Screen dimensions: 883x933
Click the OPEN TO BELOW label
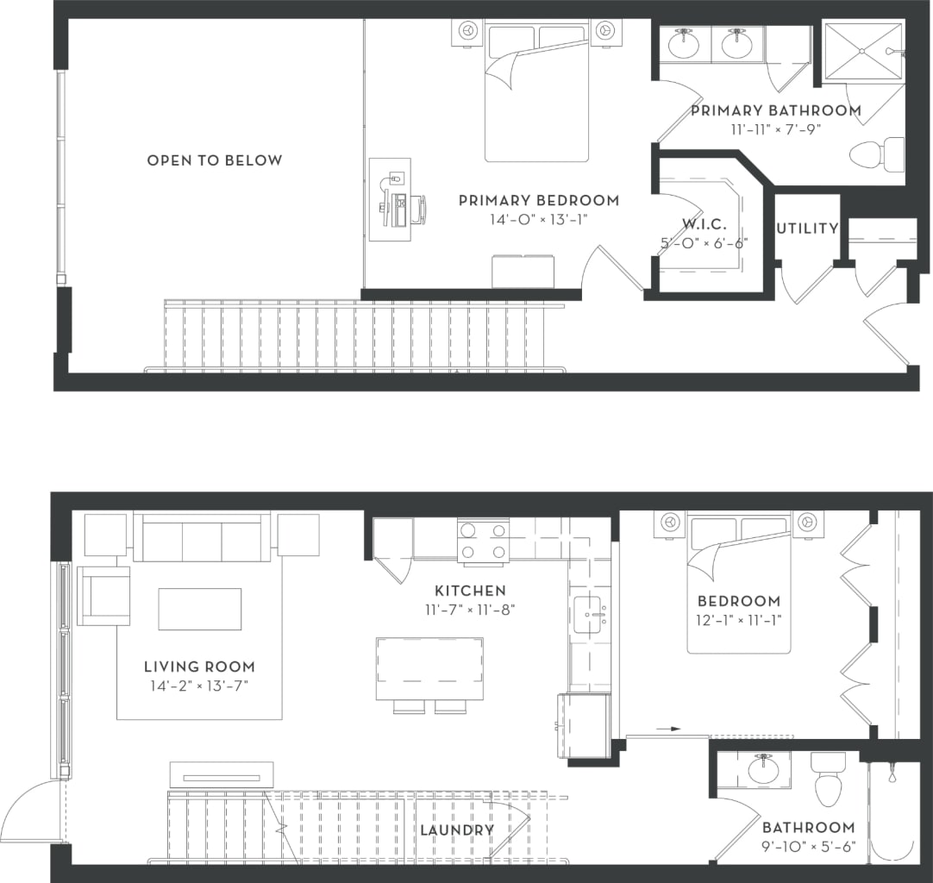click(214, 160)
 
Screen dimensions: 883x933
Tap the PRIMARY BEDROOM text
click(538, 200)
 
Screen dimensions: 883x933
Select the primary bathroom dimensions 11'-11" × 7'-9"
click(775, 129)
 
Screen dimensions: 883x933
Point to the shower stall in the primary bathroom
click(861, 52)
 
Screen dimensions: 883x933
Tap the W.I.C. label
click(704, 224)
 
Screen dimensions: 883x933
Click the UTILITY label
click(807, 229)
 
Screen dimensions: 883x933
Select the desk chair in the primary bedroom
click(416, 210)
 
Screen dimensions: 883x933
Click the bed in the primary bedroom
click(536, 95)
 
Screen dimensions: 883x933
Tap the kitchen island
click(429, 668)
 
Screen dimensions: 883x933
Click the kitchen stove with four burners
click(483, 542)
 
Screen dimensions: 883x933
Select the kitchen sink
click(590, 613)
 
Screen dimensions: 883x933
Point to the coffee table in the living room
click(199, 609)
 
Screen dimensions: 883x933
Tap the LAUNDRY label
click(456, 830)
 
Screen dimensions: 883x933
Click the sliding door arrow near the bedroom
click(668, 729)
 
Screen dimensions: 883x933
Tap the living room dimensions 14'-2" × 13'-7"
click(199, 686)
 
